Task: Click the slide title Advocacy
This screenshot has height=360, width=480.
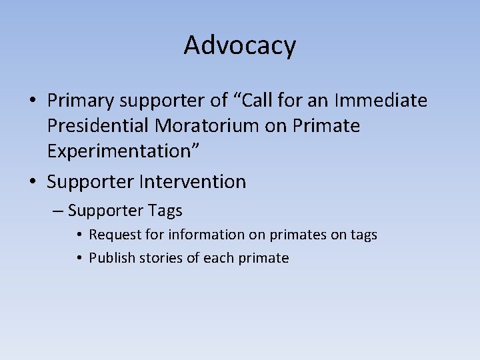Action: [x=240, y=45]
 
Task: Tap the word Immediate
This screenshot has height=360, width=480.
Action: [x=381, y=101]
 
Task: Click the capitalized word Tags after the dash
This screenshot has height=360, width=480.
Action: [x=165, y=211]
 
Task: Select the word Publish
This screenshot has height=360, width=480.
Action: [x=113, y=258]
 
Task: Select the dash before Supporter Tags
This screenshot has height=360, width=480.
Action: [x=57, y=211]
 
